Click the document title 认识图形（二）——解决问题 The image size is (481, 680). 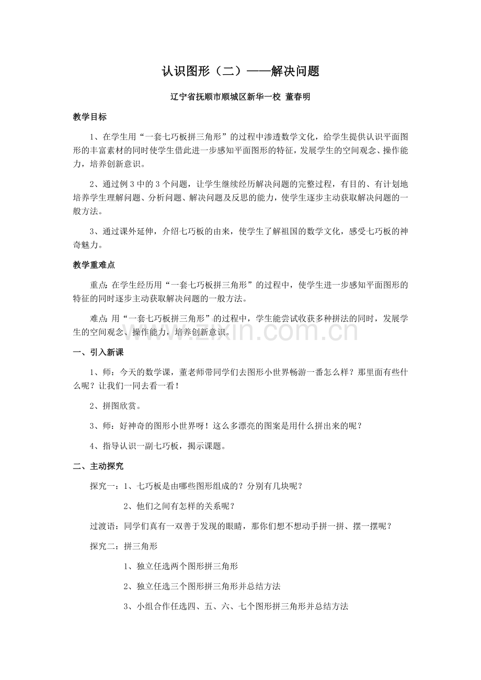click(x=241, y=72)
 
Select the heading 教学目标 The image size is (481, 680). click(x=89, y=117)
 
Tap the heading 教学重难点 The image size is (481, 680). click(x=94, y=265)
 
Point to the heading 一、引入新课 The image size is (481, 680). click(x=98, y=352)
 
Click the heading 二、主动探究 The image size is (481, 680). click(x=98, y=466)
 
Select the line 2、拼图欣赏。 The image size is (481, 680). click(x=116, y=405)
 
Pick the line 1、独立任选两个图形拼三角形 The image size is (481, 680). click(x=181, y=566)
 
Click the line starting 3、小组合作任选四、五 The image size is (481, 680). click(x=235, y=606)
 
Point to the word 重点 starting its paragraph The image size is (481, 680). click(x=98, y=285)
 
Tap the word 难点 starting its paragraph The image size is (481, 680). click(x=98, y=318)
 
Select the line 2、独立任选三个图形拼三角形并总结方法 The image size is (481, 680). click(x=205, y=587)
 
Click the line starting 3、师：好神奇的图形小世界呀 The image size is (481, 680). click(x=226, y=426)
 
